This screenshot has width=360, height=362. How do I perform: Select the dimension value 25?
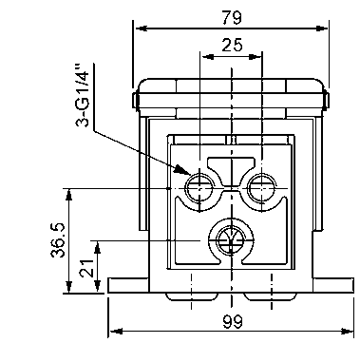click(232, 45)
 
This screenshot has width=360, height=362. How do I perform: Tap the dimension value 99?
click(232, 321)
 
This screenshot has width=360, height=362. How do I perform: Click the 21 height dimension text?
click(85, 269)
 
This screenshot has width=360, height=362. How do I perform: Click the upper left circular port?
click(199, 188)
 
